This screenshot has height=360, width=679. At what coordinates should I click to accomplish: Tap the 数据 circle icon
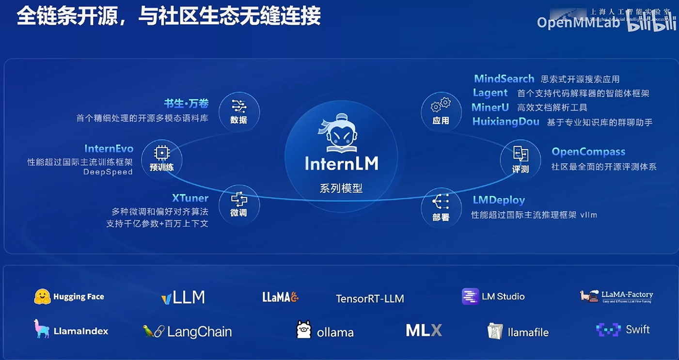239,111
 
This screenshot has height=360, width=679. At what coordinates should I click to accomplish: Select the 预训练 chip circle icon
161,159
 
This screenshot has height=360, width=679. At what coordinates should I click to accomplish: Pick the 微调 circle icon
239,204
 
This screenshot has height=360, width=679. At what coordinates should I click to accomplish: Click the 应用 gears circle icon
441,111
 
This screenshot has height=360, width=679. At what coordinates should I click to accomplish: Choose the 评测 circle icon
520,159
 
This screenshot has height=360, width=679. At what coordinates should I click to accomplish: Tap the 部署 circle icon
441,207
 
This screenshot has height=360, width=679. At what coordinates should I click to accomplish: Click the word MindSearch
504,79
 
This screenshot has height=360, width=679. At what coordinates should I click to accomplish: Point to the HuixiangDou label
505,122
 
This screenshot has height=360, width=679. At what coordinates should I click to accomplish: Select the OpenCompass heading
588,152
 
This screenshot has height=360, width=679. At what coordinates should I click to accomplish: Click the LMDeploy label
499,200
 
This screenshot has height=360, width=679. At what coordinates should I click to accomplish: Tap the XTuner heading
190,198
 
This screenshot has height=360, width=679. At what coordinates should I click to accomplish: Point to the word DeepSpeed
108,172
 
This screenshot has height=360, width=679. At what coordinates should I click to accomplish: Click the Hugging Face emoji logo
43,297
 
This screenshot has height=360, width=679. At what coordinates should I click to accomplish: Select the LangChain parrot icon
154,331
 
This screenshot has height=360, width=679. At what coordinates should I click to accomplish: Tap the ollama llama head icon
303,329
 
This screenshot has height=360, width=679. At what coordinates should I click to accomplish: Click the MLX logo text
424,330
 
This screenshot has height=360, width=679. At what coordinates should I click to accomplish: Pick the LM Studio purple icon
470,296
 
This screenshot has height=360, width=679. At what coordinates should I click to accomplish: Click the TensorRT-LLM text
370,298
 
